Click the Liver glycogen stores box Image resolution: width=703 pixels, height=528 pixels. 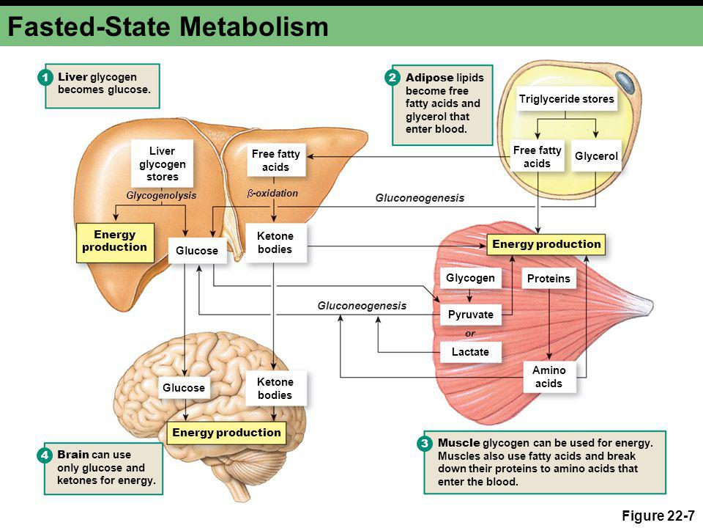point(162,164)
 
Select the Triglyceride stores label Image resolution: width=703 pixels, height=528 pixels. point(566,99)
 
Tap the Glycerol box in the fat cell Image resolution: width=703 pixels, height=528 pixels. point(596,155)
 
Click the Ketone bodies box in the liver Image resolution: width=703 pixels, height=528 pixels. point(275,243)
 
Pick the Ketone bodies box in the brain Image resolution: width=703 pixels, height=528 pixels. point(275,389)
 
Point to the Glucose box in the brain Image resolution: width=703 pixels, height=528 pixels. point(184,387)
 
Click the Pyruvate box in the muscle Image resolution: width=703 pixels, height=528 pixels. point(470,315)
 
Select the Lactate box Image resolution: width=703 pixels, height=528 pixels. point(470,351)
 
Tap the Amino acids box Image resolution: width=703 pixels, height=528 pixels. point(548,377)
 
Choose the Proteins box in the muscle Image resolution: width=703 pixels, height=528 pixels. point(548,279)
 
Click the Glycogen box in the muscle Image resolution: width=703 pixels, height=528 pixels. point(470,278)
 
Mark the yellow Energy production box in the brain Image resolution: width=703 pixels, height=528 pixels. point(226,433)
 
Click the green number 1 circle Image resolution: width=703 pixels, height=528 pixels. point(45,78)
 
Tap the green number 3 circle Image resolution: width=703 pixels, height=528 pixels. point(424,444)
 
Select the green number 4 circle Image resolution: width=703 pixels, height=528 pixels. point(45,455)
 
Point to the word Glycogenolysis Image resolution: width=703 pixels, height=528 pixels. point(161,195)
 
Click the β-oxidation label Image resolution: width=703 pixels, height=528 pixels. point(272,193)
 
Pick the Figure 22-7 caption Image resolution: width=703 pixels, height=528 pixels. point(658,516)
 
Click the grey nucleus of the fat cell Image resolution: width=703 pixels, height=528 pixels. point(625,81)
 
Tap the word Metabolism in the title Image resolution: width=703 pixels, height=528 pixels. point(254,26)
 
